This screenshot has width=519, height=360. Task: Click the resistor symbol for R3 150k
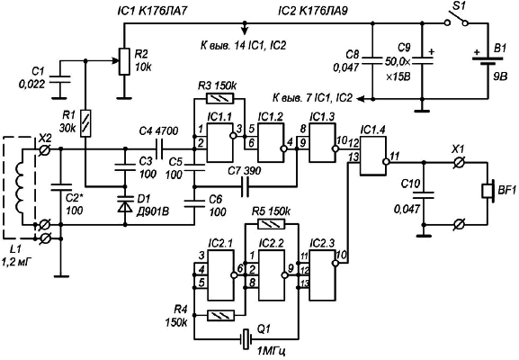220,98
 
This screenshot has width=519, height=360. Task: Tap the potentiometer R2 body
124,61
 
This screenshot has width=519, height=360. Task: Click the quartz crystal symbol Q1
246,338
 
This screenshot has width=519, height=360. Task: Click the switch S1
456,19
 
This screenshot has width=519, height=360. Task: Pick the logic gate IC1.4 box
373,156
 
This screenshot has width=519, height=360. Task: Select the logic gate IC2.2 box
272,275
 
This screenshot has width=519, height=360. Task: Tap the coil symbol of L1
20,187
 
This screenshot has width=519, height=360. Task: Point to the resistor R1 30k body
85,123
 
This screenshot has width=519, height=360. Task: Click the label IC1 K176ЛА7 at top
152,11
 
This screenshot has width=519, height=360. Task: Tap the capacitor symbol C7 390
246,187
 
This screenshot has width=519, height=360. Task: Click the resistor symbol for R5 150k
271,224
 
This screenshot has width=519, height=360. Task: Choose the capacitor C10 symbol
423,195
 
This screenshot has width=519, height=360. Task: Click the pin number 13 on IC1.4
353,157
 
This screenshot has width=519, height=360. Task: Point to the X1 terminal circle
460,162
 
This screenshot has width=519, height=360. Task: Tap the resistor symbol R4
220,315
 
